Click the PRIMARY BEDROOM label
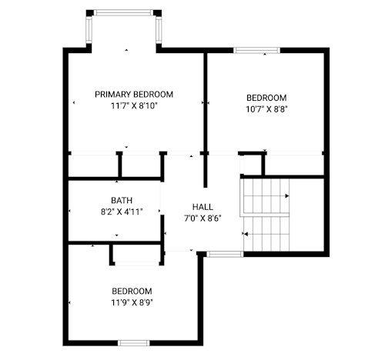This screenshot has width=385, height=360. click(x=134, y=95)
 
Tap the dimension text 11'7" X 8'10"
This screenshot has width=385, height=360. click(x=134, y=105)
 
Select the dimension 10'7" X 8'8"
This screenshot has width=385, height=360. click(x=266, y=109)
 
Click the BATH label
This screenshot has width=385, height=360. click(x=122, y=200)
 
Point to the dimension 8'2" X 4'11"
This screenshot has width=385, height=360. click(x=122, y=212)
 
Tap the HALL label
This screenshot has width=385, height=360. click(x=203, y=207)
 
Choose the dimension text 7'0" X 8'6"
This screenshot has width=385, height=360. click(x=203, y=218)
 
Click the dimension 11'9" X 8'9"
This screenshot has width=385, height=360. click(x=132, y=303)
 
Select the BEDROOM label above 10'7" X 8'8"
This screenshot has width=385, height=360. click(x=266, y=98)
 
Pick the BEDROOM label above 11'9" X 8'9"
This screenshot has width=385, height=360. click(x=132, y=292)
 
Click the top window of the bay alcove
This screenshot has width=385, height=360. click(x=123, y=13)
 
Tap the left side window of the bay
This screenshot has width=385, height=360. click(x=89, y=30)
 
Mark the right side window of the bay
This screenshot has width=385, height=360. click(x=159, y=30)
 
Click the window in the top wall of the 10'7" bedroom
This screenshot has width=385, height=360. click(x=256, y=50)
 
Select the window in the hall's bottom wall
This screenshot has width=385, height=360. click(x=225, y=254)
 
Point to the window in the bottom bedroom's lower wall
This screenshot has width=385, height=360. click(x=134, y=343)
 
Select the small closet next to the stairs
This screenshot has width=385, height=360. click(x=252, y=165)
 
